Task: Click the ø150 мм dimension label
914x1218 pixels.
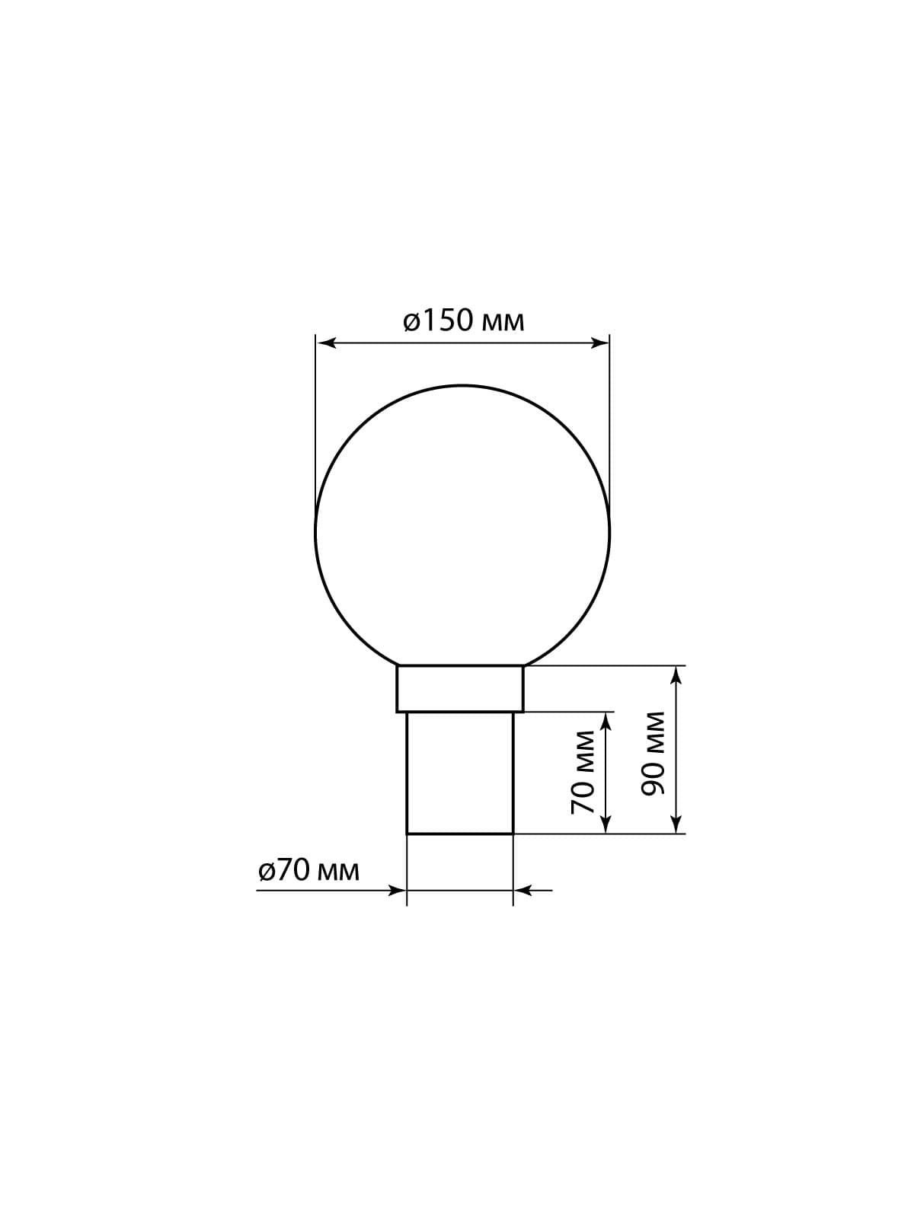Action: click(463, 321)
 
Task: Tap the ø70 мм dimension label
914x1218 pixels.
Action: click(308, 869)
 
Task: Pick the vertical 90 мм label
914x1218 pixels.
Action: click(654, 754)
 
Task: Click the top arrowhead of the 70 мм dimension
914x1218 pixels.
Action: click(606, 721)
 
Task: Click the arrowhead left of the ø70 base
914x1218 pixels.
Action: click(398, 889)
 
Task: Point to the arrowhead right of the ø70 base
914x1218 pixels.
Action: click(523, 889)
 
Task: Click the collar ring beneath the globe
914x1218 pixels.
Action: click(460, 689)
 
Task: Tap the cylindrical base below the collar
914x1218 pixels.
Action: click(460, 773)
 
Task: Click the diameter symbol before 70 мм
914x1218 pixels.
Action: click(266, 870)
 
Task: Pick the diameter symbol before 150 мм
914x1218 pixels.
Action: click(411, 322)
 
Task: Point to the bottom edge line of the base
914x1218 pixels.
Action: click(460, 834)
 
